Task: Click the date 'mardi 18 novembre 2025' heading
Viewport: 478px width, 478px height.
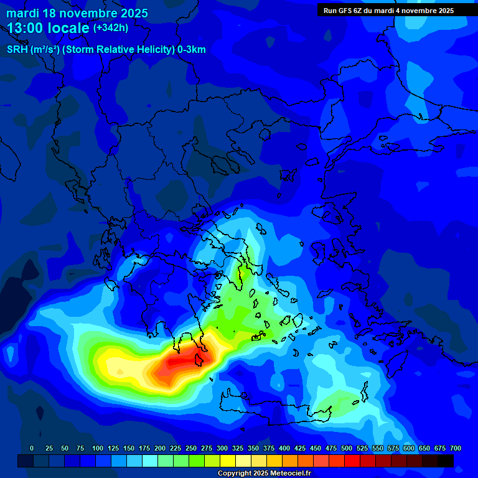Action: [77, 13]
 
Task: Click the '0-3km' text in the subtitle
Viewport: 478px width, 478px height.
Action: [191, 50]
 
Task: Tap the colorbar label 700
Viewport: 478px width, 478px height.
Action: [455, 448]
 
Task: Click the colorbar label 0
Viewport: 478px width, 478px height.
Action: [32, 448]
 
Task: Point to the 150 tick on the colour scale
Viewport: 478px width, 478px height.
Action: [129, 448]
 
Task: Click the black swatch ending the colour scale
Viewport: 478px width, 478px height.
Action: [445, 461]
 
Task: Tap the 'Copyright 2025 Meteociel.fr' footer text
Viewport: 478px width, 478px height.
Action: [264, 474]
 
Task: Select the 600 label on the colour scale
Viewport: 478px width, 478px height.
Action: [409, 448]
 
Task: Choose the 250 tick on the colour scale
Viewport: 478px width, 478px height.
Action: [191, 448]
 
